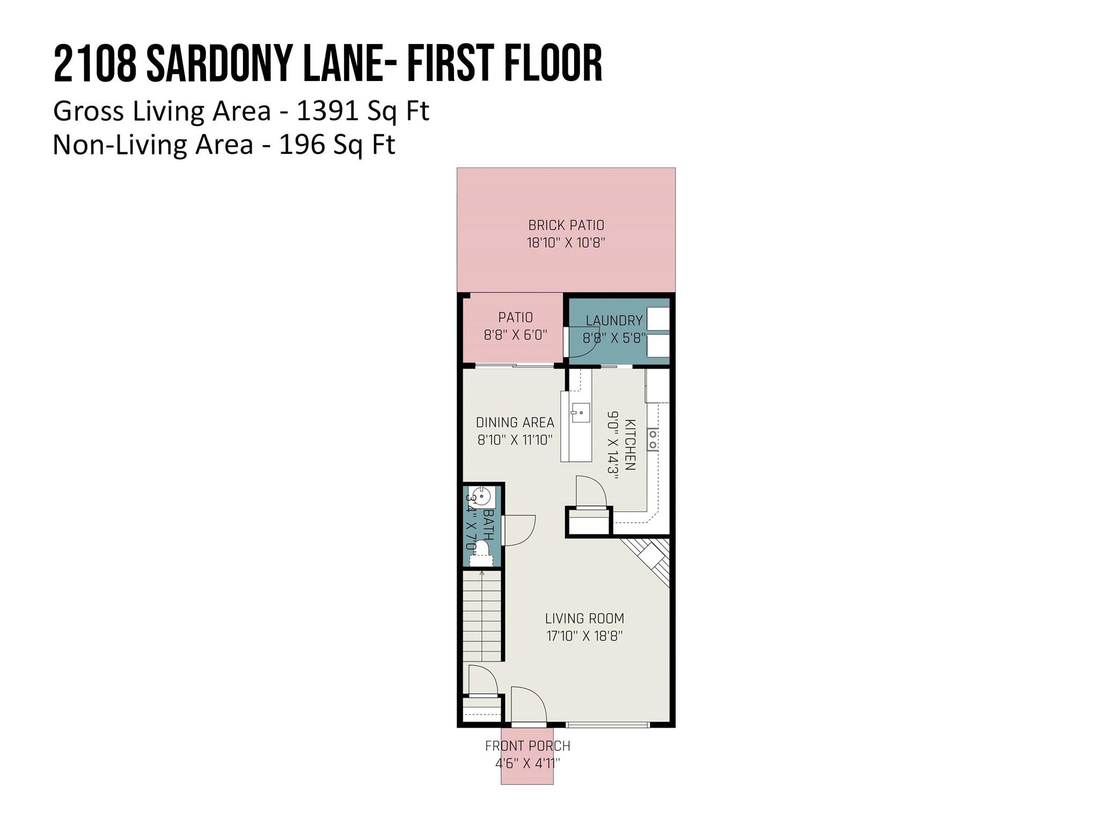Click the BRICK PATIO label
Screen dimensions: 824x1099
pyautogui.click(x=566, y=225)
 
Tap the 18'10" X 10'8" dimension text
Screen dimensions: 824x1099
pyautogui.click(x=566, y=243)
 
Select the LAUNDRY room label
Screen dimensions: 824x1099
pyautogui.click(x=614, y=321)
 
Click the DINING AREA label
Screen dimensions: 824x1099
pyautogui.click(x=515, y=423)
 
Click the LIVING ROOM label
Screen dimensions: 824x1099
pyautogui.click(x=584, y=619)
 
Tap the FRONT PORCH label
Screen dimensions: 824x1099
pyautogui.click(x=527, y=746)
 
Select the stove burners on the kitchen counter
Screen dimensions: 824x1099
pyautogui.click(x=653, y=439)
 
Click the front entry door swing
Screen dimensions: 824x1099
pyautogui.click(x=527, y=705)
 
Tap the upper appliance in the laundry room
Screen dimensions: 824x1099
pyautogui.click(x=658, y=319)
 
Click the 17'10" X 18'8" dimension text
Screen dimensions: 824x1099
pyautogui.click(x=584, y=636)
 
